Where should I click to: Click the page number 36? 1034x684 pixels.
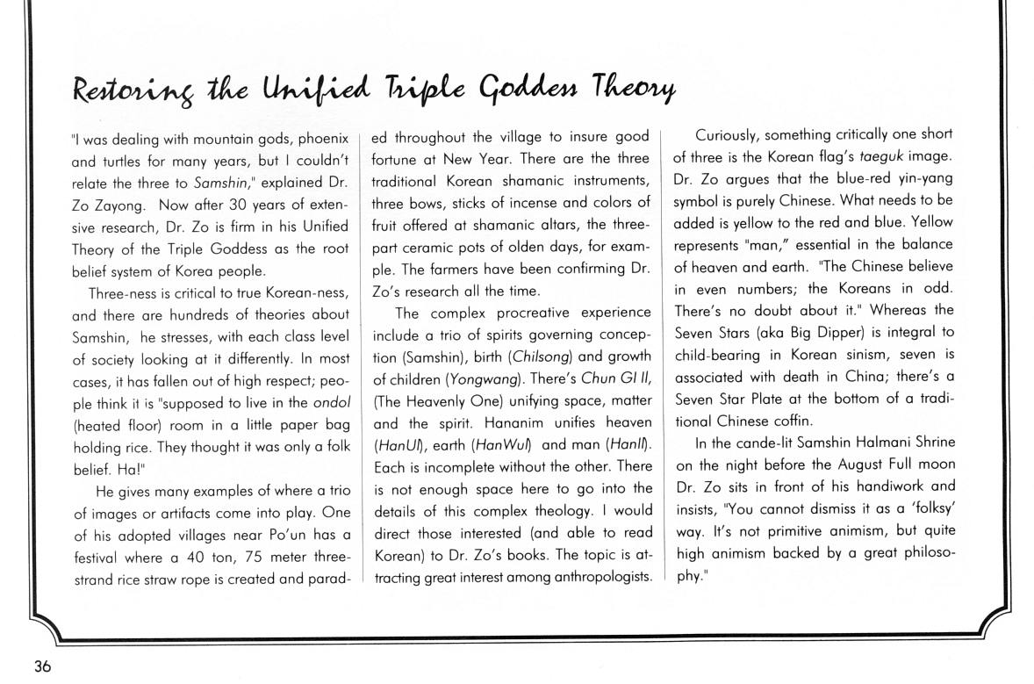[x=42, y=666]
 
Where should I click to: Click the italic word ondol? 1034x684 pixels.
[x=333, y=402]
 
